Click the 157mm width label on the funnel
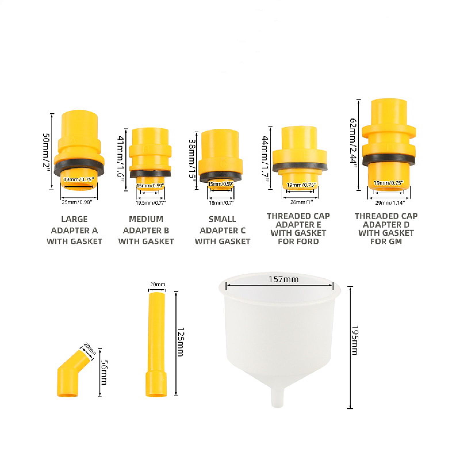283,279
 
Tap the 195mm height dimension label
355,340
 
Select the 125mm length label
180,342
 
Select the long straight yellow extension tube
156,344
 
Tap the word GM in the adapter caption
395,241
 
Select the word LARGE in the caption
74,219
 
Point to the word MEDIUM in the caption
146,219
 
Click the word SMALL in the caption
222,219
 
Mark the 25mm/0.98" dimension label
77,202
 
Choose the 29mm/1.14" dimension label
390,203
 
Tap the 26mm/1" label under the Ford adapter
301,202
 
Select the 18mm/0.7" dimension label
221,203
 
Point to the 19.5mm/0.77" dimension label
151,203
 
